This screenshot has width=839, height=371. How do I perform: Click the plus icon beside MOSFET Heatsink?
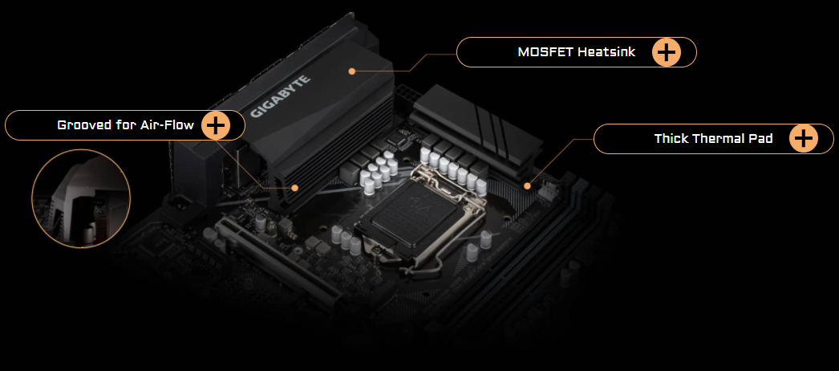point(667,52)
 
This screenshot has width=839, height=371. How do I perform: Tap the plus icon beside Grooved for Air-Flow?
point(216,125)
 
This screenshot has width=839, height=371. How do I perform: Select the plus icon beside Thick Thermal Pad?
point(804,139)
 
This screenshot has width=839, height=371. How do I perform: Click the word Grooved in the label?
point(83,125)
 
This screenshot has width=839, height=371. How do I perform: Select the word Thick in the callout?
point(670,139)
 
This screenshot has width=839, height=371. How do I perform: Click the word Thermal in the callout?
point(719,139)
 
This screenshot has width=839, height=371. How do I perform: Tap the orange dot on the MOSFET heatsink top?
point(352,71)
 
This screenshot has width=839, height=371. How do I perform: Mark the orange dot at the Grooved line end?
point(295,188)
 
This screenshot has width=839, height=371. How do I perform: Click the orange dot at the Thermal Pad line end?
point(527,185)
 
